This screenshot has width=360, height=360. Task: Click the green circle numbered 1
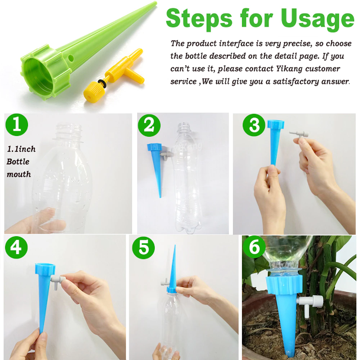(x=17, y=125)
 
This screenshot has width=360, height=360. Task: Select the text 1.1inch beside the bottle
(x=21, y=149)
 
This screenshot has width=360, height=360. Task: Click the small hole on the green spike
(x=71, y=57)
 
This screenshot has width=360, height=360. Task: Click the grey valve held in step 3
(x=299, y=135)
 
